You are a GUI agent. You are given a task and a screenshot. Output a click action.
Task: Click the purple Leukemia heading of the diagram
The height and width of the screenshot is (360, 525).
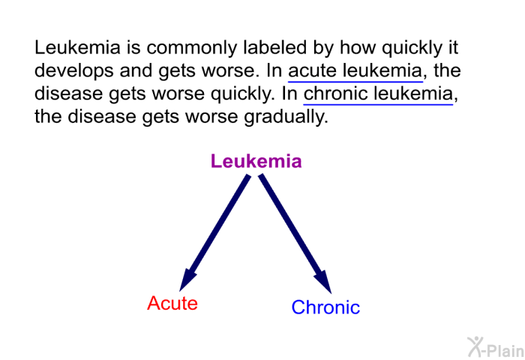[x=256, y=161]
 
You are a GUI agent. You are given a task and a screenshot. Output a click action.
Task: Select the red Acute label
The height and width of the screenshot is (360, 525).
[x=172, y=303]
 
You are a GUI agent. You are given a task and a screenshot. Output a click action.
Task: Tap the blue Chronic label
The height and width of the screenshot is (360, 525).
[x=325, y=307]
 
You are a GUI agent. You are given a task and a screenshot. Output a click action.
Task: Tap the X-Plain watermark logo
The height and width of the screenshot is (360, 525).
[x=496, y=347]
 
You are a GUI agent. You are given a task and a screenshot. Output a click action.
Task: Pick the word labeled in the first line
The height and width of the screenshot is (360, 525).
[x=275, y=47]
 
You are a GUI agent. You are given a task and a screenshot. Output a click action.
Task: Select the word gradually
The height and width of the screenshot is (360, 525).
[x=286, y=117]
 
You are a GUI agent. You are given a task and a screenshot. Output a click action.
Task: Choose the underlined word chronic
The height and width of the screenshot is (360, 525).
[x=335, y=94]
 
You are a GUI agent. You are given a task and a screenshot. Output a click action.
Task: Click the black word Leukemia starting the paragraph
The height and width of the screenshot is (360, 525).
[x=77, y=47]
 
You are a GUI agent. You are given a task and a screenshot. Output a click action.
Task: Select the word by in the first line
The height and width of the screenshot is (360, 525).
[x=323, y=47]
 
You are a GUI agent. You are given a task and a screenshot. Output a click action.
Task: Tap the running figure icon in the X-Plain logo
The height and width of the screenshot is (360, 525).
[x=475, y=346]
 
